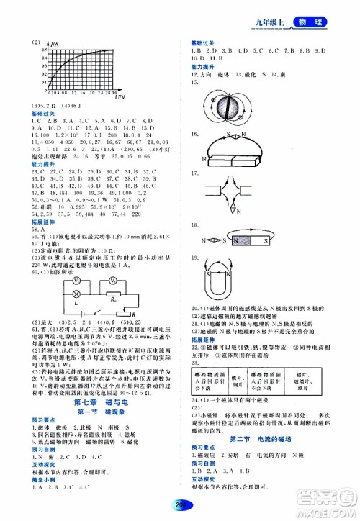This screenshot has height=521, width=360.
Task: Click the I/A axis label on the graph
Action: pos(55,46)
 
